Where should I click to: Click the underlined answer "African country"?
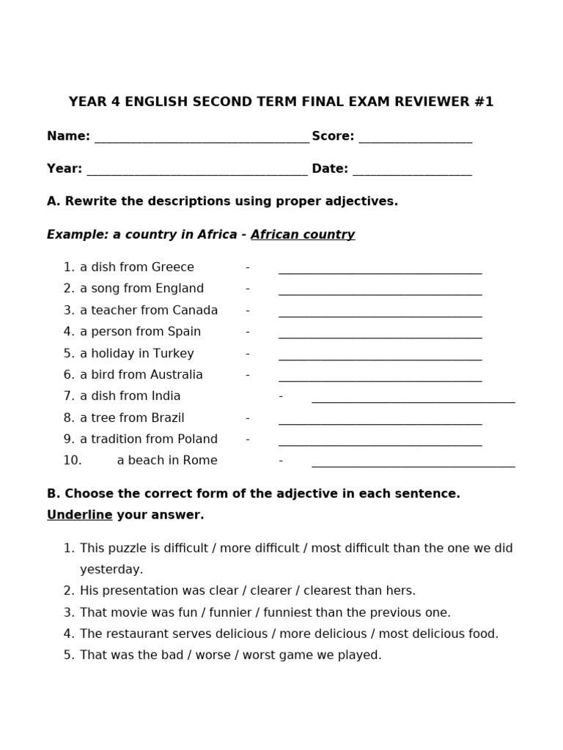pyautogui.click(x=303, y=234)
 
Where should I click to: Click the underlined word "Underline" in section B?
pyautogui.click(x=79, y=515)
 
